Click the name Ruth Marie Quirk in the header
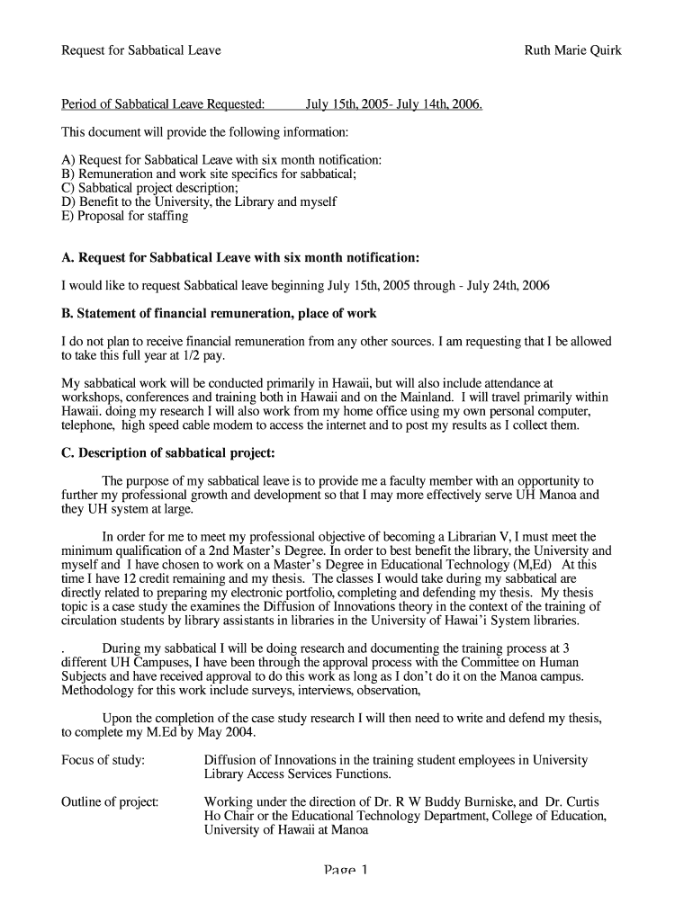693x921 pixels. (x=572, y=50)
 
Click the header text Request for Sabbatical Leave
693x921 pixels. (x=141, y=50)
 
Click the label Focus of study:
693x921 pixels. (x=103, y=760)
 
